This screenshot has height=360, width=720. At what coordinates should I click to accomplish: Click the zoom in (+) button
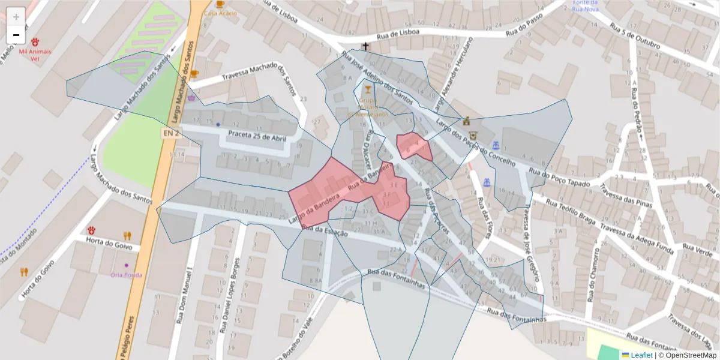tap(16, 16)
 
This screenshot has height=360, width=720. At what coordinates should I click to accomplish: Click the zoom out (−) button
tap(16, 35)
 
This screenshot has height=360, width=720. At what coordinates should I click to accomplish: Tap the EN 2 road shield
tap(170, 133)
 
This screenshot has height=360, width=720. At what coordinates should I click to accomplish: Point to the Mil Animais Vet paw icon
tap(36, 42)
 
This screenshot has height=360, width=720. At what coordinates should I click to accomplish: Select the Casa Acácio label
tap(220, 13)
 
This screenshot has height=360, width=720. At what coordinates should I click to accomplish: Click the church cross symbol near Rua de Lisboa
tap(365, 46)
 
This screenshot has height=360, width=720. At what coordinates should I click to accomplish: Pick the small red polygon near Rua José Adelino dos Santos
tap(413, 146)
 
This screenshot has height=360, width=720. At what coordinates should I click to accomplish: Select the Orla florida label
tap(127, 275)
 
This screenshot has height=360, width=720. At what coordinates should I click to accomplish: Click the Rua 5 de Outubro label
tap(634, 37)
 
